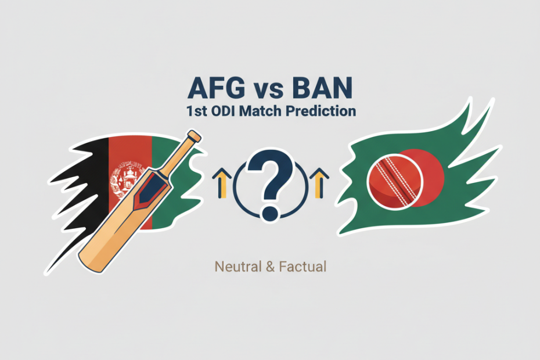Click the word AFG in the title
click(216, 88)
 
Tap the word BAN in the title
click(322, 88)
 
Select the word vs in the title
click(269, 90)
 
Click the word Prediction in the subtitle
click(321, 111)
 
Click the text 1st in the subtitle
click(196, 111)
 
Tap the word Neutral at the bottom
click(238, 267)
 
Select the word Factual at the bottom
click(303, 267)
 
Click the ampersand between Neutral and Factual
click(270, 267)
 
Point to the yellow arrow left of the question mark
click(222, 183)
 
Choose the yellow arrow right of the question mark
click(319, 183)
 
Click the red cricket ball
click(395, 182)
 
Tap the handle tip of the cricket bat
click(195, 135)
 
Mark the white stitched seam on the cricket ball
click(395, 182)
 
